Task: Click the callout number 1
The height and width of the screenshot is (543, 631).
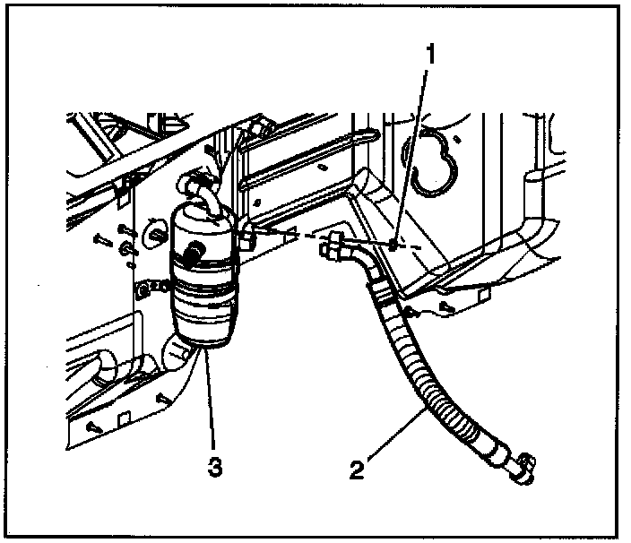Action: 430,53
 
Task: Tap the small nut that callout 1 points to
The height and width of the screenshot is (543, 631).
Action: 393,244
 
